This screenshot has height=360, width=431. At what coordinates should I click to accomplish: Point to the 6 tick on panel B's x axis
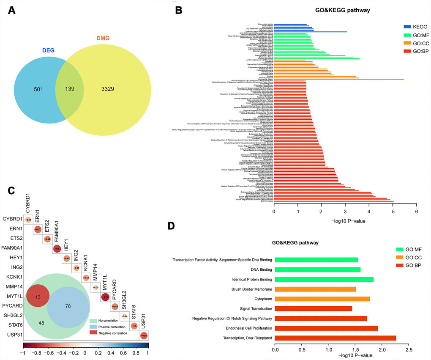tap(417, 212)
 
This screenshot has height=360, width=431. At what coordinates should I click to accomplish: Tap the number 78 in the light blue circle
tap(68, 305)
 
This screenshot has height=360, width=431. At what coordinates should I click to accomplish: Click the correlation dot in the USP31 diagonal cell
tap(144, 335)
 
